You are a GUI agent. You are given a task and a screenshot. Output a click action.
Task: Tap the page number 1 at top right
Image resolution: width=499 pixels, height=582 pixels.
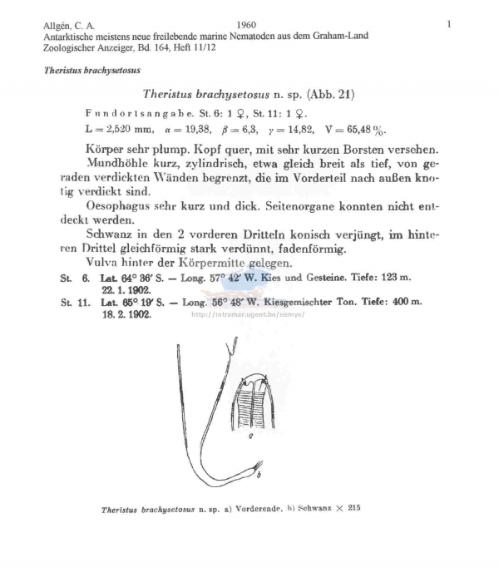(x=448, y=24)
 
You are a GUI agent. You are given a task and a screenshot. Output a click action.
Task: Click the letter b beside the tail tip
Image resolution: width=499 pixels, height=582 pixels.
(x=259, y=476)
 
